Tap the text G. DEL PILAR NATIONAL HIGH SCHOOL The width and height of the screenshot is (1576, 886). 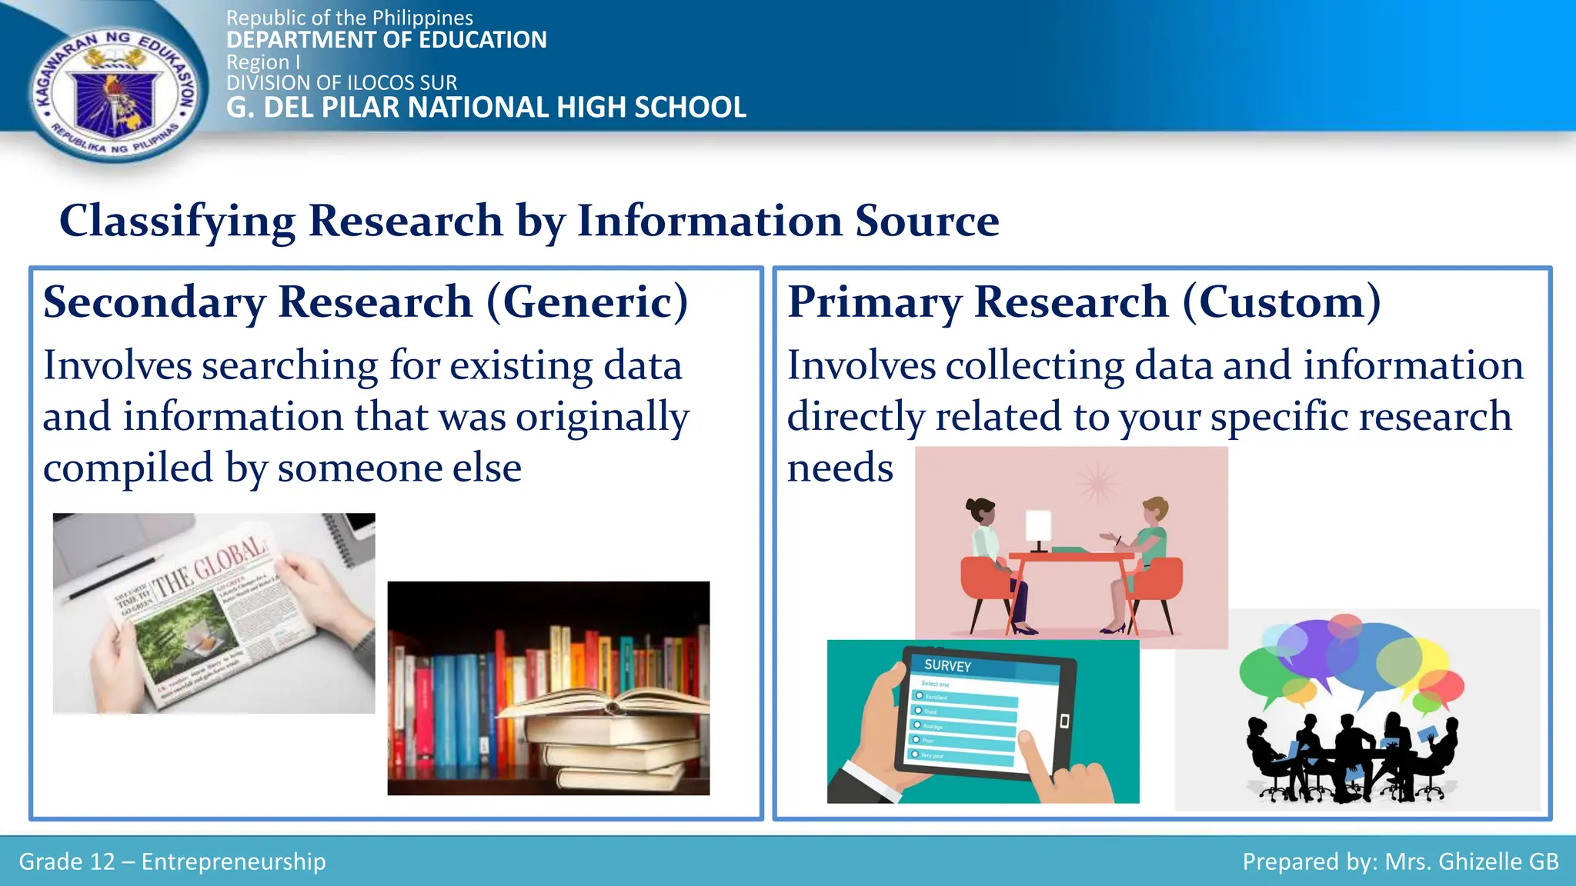point(486,108)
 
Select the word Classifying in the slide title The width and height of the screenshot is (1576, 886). point(177,221)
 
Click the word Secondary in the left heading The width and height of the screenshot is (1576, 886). point(154,301)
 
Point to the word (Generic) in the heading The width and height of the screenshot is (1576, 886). point(587,301)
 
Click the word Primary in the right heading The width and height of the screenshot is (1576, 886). point(873,301)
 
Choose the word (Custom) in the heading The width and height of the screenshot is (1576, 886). point(1281,301)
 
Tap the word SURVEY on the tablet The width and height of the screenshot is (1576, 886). point(947,665)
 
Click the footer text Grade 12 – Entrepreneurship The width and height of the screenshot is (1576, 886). point(172,861)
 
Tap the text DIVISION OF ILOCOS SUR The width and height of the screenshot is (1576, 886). point(342,82)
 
